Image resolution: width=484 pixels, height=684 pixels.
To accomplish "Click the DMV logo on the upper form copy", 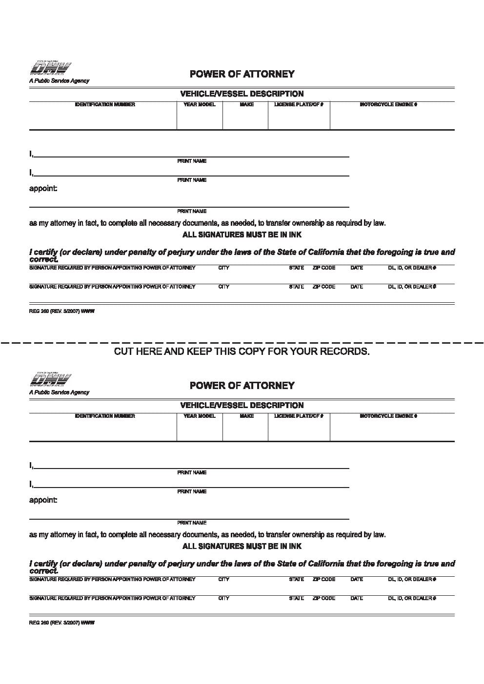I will click(51, 68).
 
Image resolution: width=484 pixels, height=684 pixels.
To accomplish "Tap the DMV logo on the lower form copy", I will click(51, 380).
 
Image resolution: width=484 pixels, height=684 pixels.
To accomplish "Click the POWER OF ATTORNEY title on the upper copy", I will click(242, 74).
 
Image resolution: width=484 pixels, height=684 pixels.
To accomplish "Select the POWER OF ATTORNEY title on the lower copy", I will click(242, 386).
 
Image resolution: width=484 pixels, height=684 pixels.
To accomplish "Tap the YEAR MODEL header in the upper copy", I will click(199, 105).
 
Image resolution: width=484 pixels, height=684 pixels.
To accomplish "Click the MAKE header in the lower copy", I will click(247, 416).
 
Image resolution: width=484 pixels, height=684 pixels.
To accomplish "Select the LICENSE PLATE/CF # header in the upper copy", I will click(299, 105).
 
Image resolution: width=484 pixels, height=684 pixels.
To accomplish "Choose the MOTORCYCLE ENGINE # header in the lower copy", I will click(388, 416).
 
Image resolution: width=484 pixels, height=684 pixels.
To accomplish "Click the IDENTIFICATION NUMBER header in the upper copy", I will click(105, 105).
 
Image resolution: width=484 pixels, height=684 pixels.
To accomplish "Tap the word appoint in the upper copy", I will click(43, 189).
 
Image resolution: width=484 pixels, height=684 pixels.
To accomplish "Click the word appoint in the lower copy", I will click(43, 500).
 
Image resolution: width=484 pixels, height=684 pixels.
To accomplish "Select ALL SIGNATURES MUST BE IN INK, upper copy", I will click(242, 235).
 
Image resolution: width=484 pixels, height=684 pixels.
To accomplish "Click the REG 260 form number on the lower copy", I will click(61, 623).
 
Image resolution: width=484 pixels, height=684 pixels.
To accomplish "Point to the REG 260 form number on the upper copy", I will click(61, 312).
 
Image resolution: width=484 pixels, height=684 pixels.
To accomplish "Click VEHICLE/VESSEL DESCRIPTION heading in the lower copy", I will click(242, 406).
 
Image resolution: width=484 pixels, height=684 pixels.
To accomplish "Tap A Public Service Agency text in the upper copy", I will click(59, 81).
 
